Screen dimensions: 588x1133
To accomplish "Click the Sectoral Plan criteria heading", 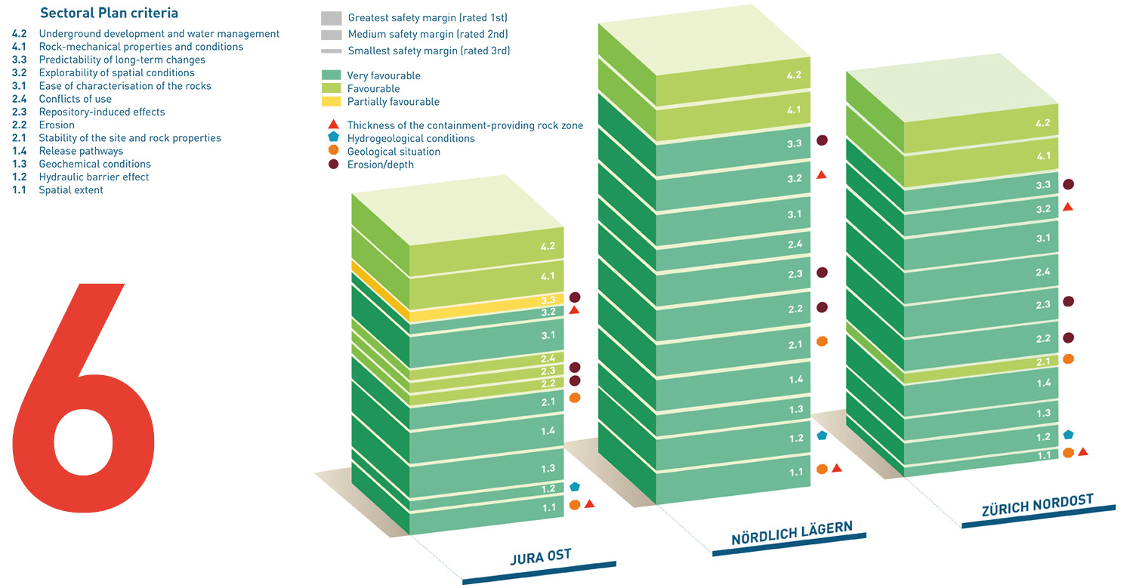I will [109, 14].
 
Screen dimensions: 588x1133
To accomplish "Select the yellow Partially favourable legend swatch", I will [332, 102].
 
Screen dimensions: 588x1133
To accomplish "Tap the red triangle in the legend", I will [332, 125].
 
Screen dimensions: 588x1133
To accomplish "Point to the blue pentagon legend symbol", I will [332, 138].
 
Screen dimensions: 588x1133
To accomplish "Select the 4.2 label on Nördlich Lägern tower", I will [793, 75].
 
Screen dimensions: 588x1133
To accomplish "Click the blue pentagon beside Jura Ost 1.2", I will [575, 487].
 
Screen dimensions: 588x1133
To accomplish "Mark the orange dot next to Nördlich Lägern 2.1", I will [823, 341].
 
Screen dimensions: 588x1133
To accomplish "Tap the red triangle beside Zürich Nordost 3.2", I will [1067, 206].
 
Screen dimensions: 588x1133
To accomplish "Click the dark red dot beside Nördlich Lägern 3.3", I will [823, 140].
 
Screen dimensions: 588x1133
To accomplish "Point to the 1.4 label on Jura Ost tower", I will [548, 431].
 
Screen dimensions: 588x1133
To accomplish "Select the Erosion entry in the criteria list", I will [57, 125].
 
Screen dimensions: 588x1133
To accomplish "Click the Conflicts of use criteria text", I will [75, 99].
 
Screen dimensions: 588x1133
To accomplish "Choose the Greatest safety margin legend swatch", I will [332, 17].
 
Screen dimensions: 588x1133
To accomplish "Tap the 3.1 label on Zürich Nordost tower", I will [1043, 239].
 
